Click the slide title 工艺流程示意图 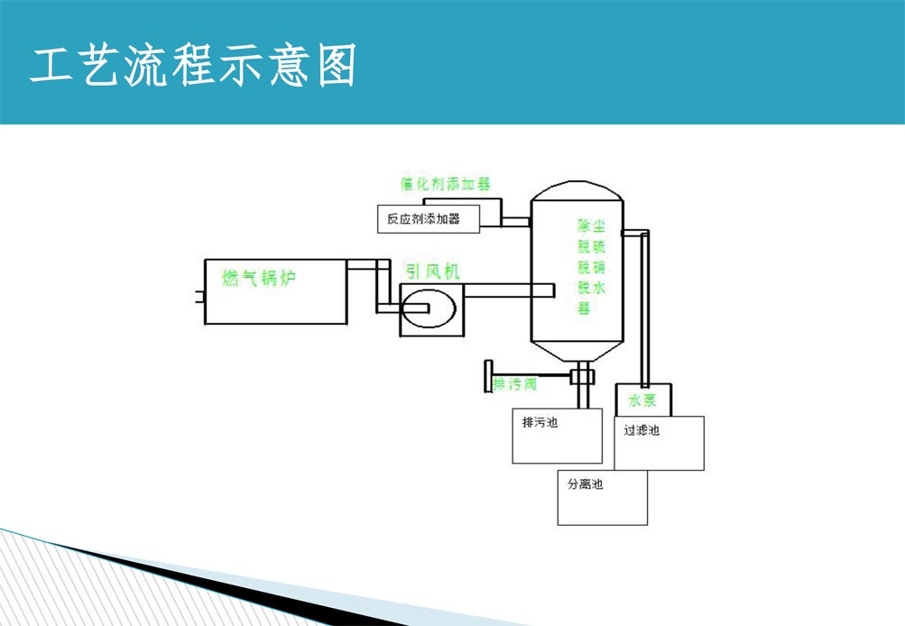point(193,65)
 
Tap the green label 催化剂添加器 point(446,183)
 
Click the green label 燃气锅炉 point(259,278)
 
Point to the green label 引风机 point(433,270)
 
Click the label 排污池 point(540,422)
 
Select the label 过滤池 point(642,430)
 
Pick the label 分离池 point(585,484)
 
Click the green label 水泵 point(642,400)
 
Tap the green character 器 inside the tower point(584,308)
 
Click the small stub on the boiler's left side point(200,297)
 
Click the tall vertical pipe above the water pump point(644,307)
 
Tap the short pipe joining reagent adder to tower point(516,221)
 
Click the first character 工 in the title point(51,66)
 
